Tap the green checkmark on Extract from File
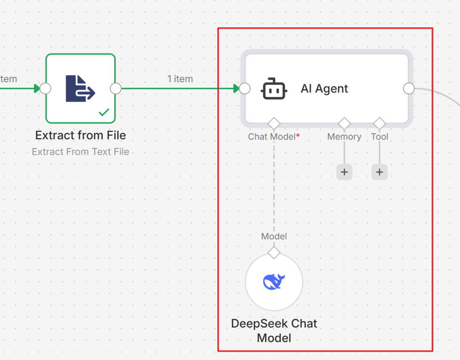click(104, 112)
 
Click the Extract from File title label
click(80, 135)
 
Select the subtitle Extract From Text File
click(80, 152)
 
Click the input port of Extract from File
click(46, 88)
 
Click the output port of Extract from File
click(115, 88)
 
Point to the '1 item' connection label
click(180, 79)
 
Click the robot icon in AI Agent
click(274, 89)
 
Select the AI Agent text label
click(324, 89)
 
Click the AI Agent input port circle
click(244, 88)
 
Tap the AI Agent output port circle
click(408, 88)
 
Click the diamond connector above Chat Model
click(274, 124)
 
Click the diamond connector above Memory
click(344, 124)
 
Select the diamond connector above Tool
click(379, 124)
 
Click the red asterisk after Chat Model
click(298, 135)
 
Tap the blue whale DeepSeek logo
click(274, 282)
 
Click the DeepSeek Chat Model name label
click(274, 331)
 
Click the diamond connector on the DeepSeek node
click(274, 253)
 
